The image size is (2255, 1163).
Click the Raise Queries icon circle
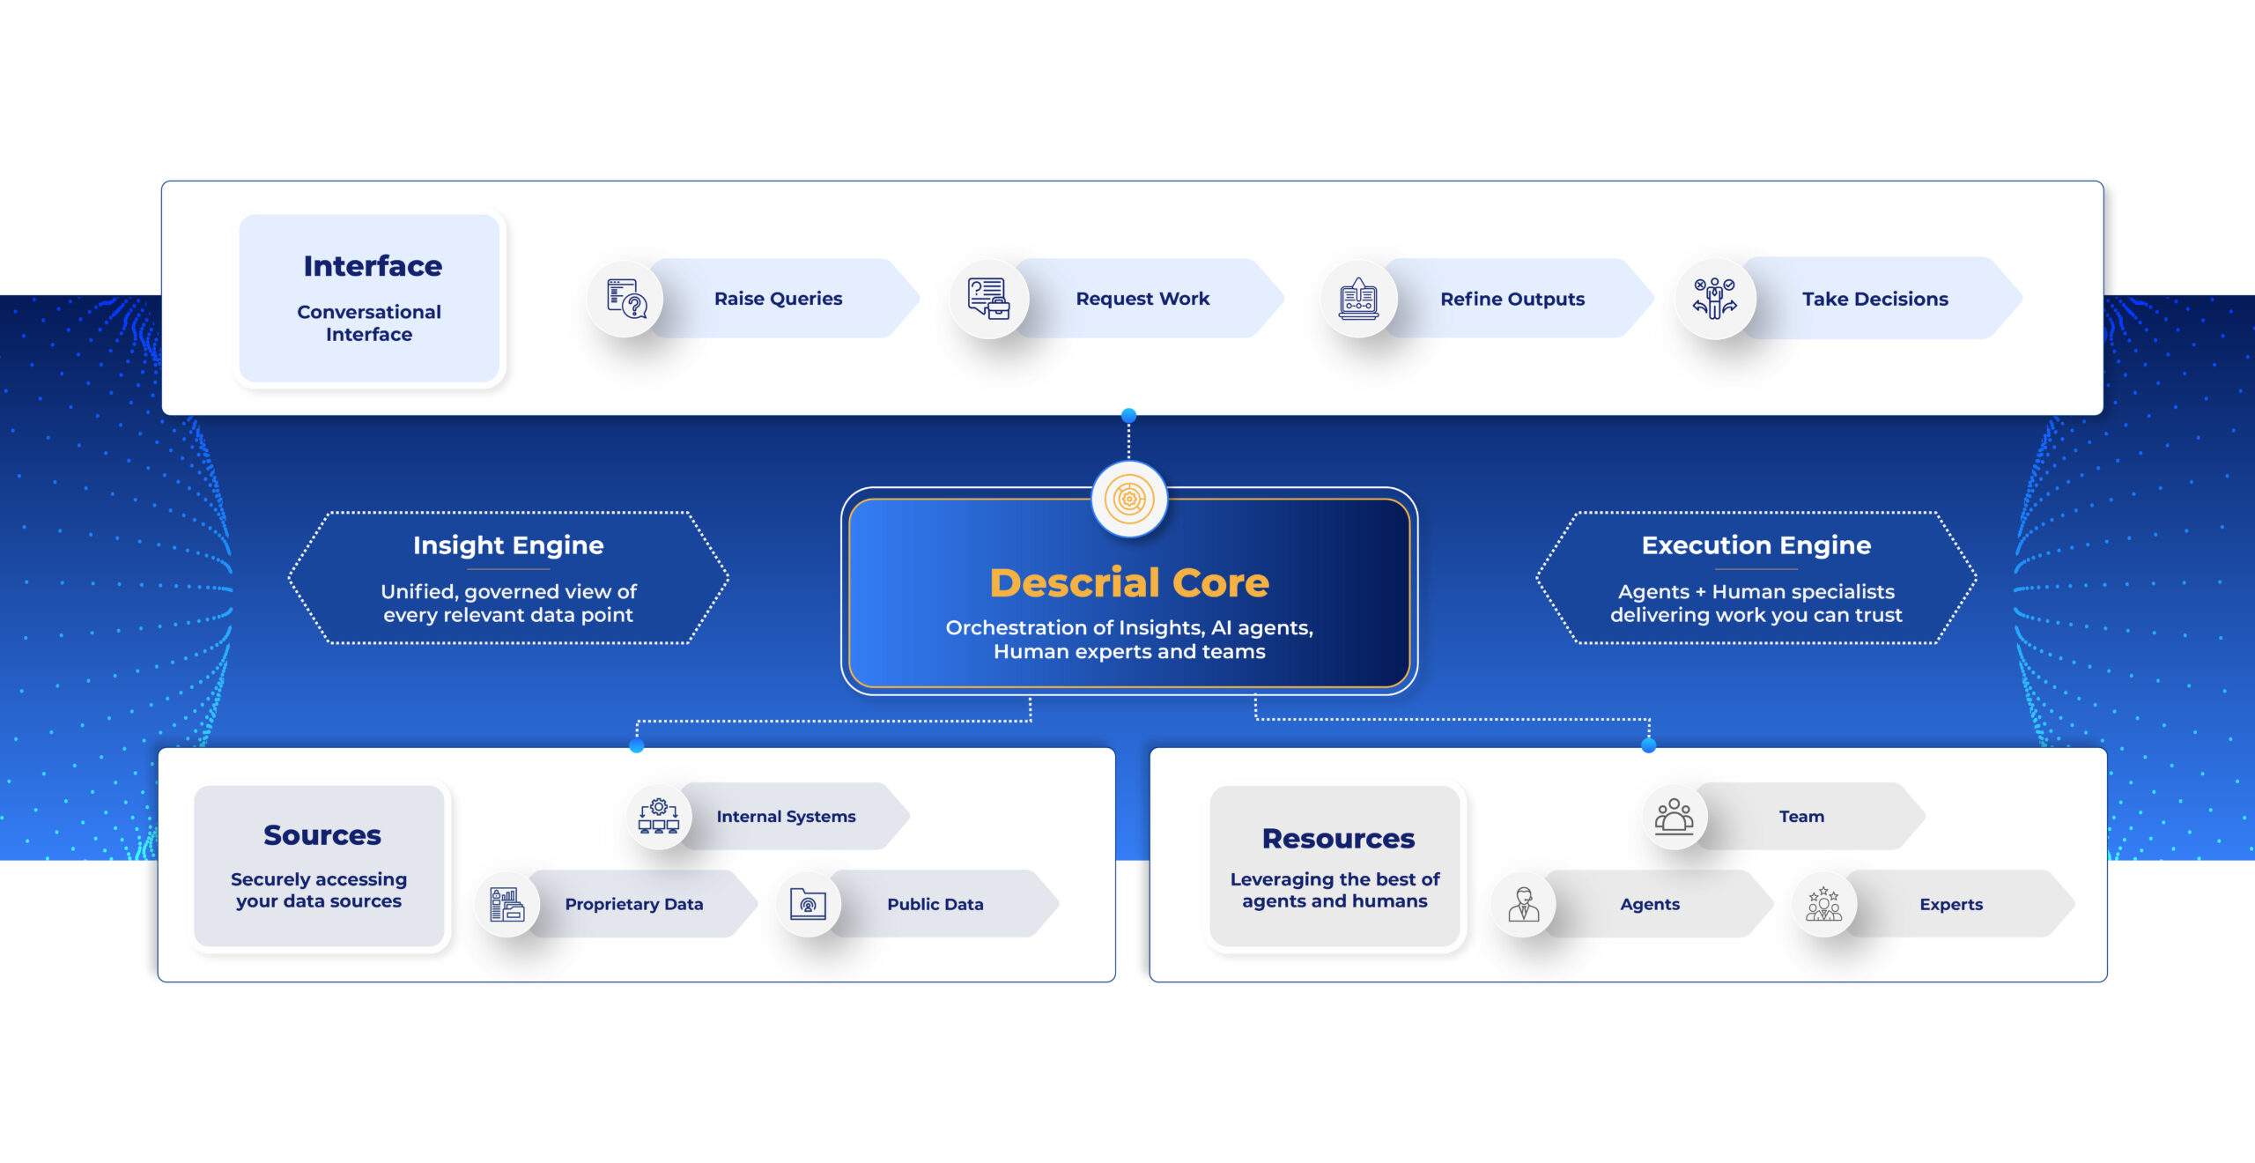coord(626,299)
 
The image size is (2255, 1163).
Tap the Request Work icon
coord(988,299)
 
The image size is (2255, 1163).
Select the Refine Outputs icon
coord(1358,299)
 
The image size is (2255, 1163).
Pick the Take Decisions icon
coord(1715,299)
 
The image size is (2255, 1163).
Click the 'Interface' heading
coord(373,266)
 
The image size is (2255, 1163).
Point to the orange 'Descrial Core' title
coord(1129,582)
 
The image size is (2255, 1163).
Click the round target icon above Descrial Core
coord(1129,499)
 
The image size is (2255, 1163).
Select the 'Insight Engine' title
coord(508,545)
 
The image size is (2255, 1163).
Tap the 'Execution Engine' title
coord(1756,545)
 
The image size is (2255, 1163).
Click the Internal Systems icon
coord(659,816)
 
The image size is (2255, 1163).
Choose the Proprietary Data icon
coord(507,904)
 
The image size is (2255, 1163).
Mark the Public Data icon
coord(808,904)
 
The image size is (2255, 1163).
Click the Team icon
coord(1674,816)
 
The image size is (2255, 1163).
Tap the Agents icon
coord(1523,904)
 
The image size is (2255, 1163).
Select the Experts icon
coord(1823,904)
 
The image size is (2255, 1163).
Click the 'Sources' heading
coord(322,835)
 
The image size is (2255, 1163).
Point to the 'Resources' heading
coord(1338,839)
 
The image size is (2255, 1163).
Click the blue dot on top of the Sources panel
coord(637,746)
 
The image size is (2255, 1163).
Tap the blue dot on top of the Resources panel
coord(1649,745)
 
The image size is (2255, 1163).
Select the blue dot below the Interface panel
coord(1128,415)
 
